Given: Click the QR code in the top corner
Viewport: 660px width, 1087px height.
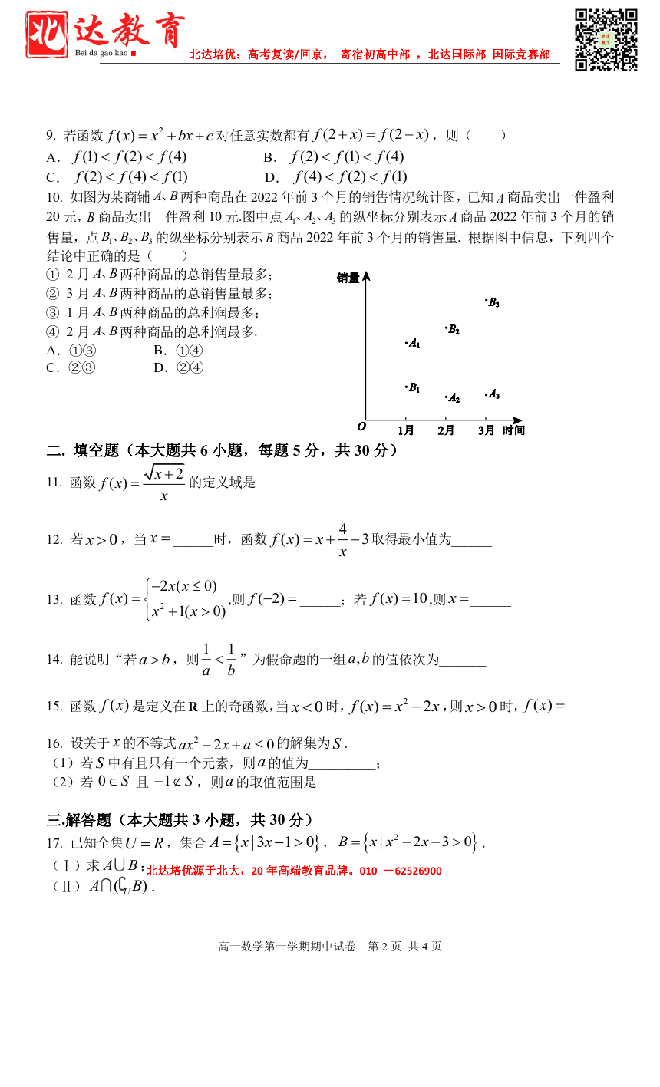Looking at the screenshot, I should (606, 40).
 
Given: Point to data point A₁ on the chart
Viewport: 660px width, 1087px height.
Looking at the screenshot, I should (407, 343).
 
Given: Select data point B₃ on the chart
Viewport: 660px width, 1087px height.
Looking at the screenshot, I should (487, 301).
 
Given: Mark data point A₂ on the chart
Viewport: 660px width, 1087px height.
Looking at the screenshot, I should (447, 397).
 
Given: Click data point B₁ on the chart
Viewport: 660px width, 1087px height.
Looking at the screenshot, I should (406, 387).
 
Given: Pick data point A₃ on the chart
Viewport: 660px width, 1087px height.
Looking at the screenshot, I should (487, 395).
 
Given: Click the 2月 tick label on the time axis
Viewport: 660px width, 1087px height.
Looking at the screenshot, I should (446, 430).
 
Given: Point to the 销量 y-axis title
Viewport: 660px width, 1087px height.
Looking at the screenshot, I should (348, 278).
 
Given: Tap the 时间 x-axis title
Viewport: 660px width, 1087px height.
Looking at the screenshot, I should (513, 430).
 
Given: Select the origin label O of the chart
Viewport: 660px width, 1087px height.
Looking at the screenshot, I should (361, 427).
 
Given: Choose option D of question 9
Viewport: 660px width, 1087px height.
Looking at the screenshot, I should (336, 177).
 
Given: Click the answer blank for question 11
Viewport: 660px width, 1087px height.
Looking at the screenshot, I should (306, 483).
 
